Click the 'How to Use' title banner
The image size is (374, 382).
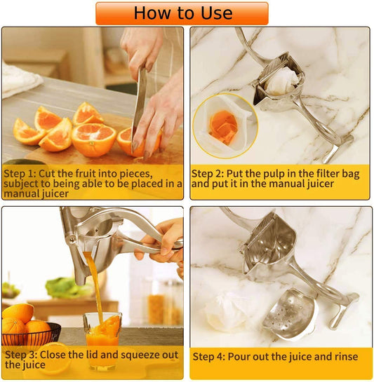point(182,13)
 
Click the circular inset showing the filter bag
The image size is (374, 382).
point(225,125)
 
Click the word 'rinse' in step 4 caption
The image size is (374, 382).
point(344,357)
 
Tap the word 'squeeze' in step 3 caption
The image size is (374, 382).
point(136,355)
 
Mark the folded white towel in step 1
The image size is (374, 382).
point(20,79)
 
